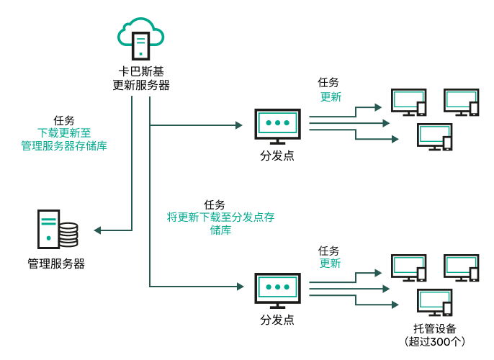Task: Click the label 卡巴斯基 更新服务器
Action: pyautogui.click(x=141, y=78)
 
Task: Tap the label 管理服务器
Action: pyautogui.click(x=56, y=264)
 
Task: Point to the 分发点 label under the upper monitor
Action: pyautogui.click(x=277, y=156)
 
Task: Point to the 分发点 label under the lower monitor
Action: pyautogui.click(x=277, y=319)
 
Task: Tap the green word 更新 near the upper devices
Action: pyautogui.click(x=331, y=97)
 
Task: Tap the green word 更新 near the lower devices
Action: pyautogui.click(x=330, y=264)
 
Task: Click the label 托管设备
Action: pyautogui.click(x=434, y=328)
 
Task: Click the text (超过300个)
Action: pyautogui.click(x=434, y=341)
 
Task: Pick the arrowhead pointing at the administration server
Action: pyautogui.click(x=98, y=230)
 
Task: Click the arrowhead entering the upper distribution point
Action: pyautogui.click(x=239, y=125)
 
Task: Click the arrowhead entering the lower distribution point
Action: pyautogui.click(x=239, y=287)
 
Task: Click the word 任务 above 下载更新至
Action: pyautogui.click(x=64, y=120)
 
